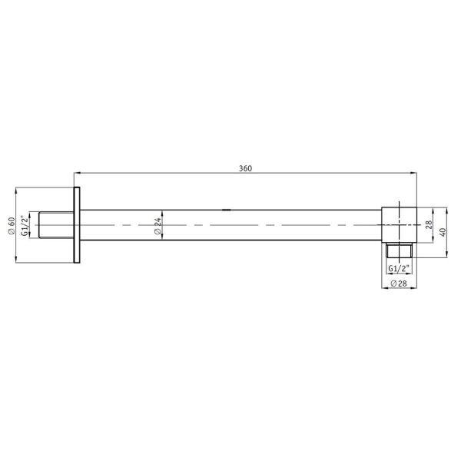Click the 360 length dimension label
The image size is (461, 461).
click(245, 168)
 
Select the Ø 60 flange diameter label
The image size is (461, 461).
click(12, 225)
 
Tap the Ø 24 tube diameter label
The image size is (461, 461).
click(158, 226)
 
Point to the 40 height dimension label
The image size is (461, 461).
click(443, 232)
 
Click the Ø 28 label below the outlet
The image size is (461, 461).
click(398, 283)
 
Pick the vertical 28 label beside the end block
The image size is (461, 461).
click(429, 225)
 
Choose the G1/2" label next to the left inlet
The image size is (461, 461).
click(25, 225)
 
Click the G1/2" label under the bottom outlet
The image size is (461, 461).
click(399, 268)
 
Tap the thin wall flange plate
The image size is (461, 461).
click(77, 225)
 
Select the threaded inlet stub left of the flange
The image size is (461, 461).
click(56, 225)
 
